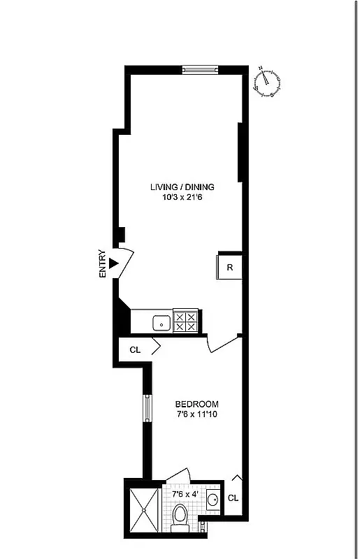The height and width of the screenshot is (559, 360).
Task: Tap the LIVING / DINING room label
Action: click(182, 187)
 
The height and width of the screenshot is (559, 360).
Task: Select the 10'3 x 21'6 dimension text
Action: click(182, 197)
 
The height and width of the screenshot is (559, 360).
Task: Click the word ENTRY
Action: click(103, 264)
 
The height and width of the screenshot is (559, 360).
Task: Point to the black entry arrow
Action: click(113, 264)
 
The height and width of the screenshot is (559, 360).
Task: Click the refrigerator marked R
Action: click(229, 266)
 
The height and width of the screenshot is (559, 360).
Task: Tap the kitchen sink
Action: click(161, 322)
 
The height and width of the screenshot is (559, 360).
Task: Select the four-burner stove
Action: click(186, 321)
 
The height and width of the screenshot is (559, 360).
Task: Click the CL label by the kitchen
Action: click(135, 349)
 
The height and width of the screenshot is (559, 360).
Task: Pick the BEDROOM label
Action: click(196, 404)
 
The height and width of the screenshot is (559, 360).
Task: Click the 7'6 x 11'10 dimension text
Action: click(196, 415)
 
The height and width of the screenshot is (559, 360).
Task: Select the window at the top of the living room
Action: click(201, 68)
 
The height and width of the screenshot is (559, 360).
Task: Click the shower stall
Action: click(143, 510)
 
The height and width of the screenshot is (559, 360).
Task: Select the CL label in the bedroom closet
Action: click(233, 498)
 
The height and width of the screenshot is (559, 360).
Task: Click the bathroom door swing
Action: click(176, 475)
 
